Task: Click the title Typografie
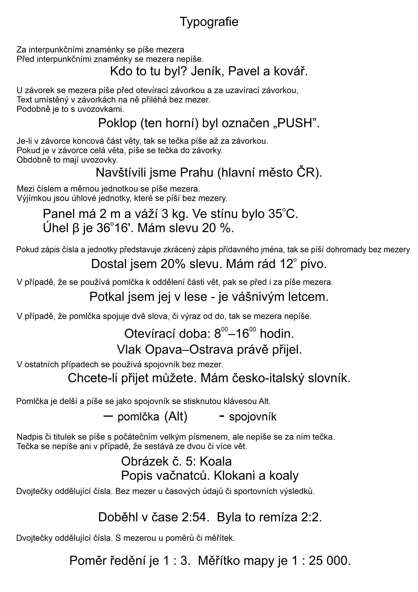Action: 209,22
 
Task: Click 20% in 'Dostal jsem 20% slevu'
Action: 173,264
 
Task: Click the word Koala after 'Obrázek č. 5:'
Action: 215,462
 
